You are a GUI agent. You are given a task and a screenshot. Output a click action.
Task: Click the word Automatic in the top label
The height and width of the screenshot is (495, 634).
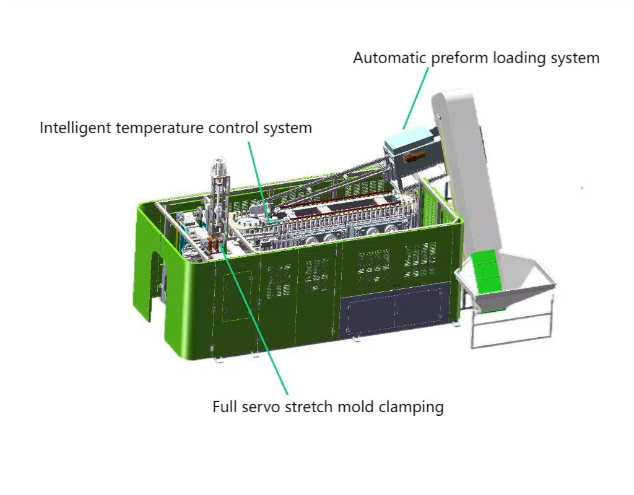click(390, 58)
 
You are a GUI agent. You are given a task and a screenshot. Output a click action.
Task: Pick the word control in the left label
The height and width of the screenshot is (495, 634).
click(233, 127)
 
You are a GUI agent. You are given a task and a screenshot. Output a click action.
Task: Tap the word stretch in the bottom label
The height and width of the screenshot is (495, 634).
click(309, 407)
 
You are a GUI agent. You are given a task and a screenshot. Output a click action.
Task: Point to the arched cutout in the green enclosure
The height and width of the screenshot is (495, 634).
click(157, 285)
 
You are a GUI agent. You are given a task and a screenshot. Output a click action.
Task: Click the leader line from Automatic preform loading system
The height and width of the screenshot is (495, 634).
click(415, 98)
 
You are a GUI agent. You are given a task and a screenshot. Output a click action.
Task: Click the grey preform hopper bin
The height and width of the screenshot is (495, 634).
click(505, 299)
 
